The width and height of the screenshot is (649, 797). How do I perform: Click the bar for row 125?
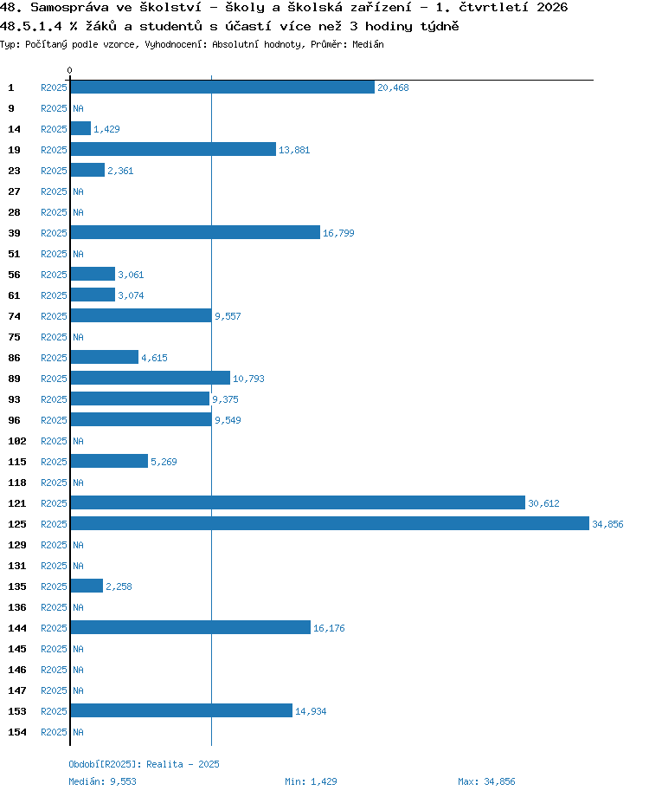330,523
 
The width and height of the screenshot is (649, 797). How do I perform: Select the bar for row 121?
298,502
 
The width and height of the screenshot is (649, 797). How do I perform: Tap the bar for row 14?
80,128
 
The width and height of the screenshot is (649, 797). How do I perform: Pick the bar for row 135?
87,586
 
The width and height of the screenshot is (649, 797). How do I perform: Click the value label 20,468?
393,87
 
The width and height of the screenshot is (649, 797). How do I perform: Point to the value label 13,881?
294,150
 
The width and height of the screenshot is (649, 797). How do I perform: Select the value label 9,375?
225,399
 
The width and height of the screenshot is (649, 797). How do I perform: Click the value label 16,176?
329,628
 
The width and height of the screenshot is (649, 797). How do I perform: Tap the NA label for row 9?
78,108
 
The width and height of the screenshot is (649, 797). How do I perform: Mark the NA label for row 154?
78,732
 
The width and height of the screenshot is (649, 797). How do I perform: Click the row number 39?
14,233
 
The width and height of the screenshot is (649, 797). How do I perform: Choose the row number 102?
16,441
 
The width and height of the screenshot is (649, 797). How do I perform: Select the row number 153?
16,711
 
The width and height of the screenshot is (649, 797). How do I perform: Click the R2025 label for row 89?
54,379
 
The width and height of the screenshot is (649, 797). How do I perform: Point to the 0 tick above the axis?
69,70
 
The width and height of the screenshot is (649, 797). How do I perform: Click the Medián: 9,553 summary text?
103,781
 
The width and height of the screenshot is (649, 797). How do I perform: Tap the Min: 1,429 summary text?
311,781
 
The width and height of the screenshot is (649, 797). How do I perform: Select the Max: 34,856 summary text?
486,781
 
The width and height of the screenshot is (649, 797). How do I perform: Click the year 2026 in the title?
552,7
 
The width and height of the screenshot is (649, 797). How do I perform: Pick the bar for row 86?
105,357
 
